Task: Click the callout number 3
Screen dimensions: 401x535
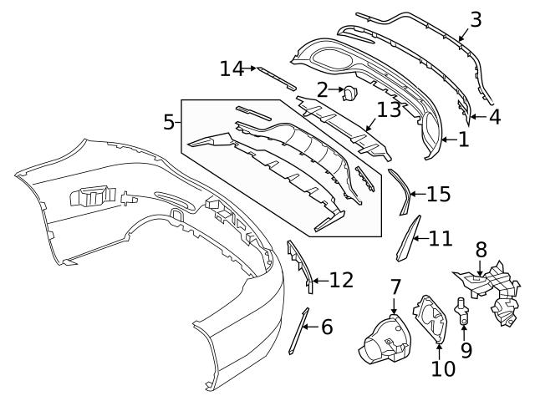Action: [x=476, y=18]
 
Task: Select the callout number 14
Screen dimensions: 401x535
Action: [x=232, y=69]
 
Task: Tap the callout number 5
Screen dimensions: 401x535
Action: [x=169, y=122]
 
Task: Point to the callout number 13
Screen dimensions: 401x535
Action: [x=389, y=109]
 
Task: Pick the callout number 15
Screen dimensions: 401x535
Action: [x=438, y=195]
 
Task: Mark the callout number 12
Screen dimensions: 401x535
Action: [x=341, y=280]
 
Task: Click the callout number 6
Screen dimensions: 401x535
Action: [x=326, y=327]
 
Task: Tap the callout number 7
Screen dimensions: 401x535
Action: [x=395, y=288]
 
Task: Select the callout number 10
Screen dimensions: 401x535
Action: [x=443, y=367]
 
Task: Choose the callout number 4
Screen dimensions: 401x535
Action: [x=495, y=117]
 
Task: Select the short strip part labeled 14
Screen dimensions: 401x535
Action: [x=276, y=77]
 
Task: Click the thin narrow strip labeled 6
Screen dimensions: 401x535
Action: [x=298, y=332]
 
